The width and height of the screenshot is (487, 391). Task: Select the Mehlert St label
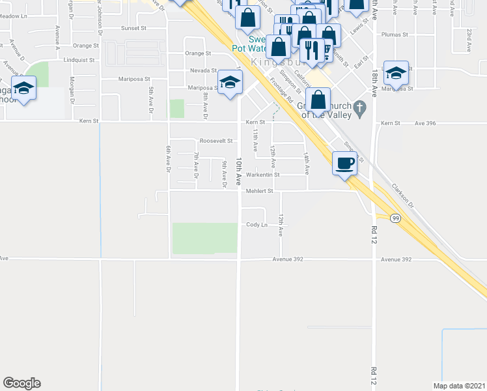point(258,192)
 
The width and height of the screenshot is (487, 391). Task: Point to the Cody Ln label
point(256,225)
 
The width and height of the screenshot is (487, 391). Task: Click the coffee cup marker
point(344,164)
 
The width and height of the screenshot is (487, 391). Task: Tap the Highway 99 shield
point(395,218)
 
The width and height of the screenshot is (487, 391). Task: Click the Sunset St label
point(133,29)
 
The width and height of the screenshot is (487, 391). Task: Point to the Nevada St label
point(203,70)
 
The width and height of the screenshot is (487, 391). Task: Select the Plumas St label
point(395,35)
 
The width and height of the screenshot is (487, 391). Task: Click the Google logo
point(21,383)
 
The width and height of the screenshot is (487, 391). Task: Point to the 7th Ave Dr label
point(196,166)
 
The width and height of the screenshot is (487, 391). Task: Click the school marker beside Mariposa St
point(229,83)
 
